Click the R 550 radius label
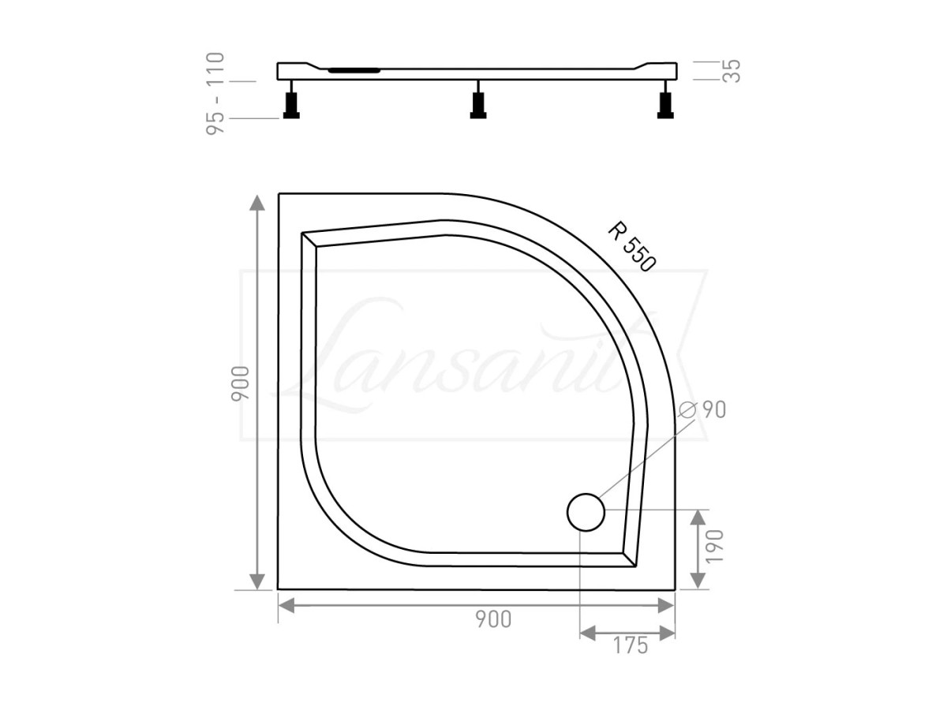(631, 247)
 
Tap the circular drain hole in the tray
(586, 512)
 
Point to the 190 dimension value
(714, 546)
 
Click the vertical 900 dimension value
(241, 383)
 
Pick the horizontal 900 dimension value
(493, 619)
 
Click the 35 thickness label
(731, 71)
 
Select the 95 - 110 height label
(215, 94)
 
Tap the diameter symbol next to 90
(687, 409)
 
